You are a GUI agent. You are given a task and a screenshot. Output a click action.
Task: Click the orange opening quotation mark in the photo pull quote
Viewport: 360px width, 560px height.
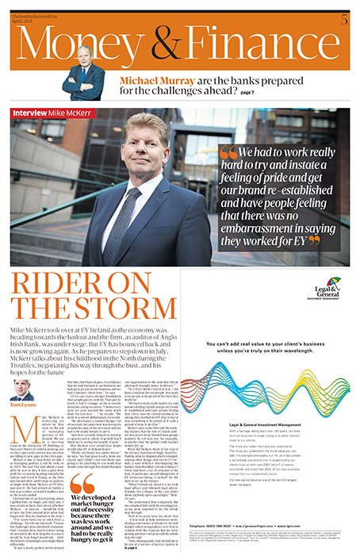coord(228,152)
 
